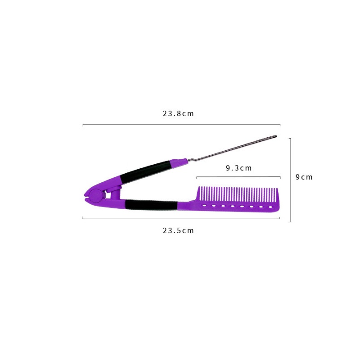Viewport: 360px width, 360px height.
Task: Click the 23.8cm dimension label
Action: pyautogui.click(x=178, y=114)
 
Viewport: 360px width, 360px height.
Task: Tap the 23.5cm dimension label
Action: pyautogui.click(x=178, y=230)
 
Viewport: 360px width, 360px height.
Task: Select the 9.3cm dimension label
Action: pyautogui.click(x=239, y=168)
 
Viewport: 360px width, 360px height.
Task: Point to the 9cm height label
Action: pyautogui.click(x=304, y=177)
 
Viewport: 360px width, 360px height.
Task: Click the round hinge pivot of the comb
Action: pyautogui.click(x=96, y=196)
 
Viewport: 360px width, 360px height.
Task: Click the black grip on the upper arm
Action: pyautogui.click(x=146, y=171)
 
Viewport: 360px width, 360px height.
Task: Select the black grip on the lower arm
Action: pyautogui.click(x=151, y=205)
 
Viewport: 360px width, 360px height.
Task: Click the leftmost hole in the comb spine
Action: pyautogui.click(x=204, y=206)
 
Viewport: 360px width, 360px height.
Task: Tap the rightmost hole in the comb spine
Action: pyautogui.click(x=270, y=207)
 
